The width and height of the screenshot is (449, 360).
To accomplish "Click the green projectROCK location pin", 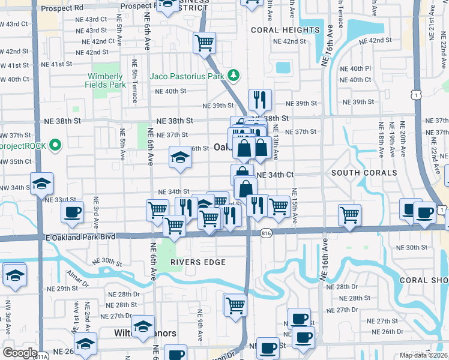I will click(x=55, y=145).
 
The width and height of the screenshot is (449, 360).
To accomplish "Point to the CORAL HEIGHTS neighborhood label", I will click(x=285, y=30).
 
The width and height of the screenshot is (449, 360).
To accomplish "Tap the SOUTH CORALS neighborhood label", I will click(x=364, y=173).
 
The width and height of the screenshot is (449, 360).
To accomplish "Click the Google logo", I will click(x=20, y=352).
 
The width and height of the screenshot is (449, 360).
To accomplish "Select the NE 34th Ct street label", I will click(x=274, y=175).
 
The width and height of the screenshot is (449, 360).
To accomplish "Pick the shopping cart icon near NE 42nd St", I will click(x=205, y=43).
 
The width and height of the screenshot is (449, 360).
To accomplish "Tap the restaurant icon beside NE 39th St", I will click(x=260, y=100).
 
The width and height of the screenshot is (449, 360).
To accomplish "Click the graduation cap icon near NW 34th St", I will click(x=42, y=183).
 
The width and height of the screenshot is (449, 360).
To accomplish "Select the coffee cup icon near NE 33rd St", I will click(x=72, y=212).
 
